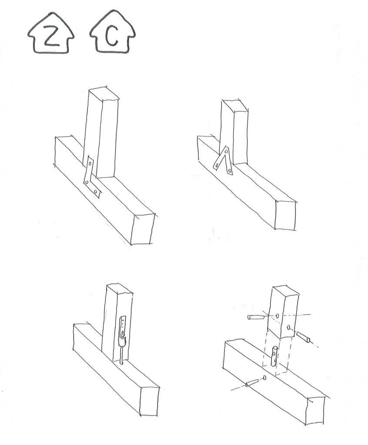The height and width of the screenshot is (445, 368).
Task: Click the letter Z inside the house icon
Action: [x=51, y=37]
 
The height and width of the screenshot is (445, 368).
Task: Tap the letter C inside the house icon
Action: [x=112, y=37]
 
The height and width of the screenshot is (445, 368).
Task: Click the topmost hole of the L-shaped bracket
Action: [x=90, y=164]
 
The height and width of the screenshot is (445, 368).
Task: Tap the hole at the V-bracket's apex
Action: [x=226, y=152]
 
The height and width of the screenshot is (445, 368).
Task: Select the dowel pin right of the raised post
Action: [x=304, y=337]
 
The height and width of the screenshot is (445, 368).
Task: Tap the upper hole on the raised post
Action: [x=277, y=315]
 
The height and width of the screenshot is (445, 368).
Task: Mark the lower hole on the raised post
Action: [x=288, y=328]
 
